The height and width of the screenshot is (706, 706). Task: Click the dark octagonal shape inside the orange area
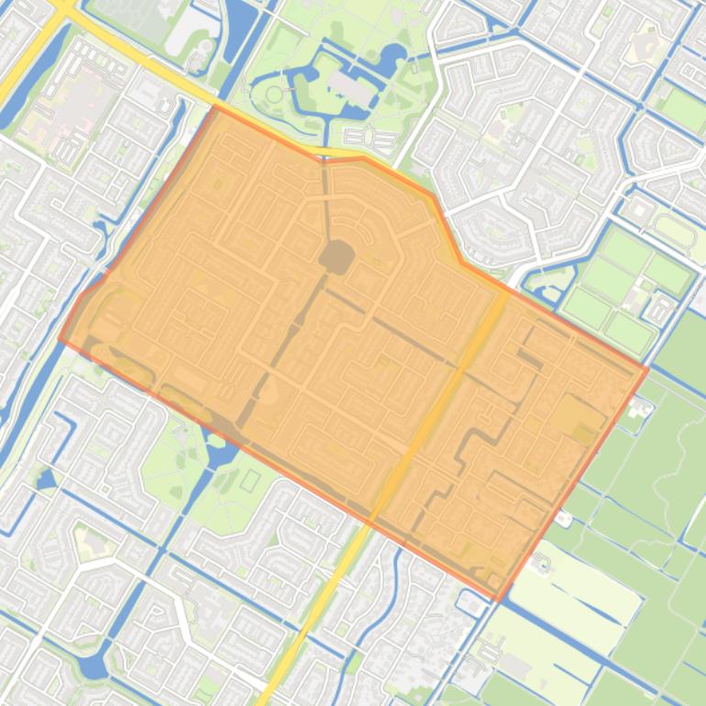pos(336,257)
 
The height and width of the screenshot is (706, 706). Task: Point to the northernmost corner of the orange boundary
pos(215,106)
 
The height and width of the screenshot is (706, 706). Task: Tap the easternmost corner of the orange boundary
pos(647,369)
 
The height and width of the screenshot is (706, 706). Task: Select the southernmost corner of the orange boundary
pos(497,600)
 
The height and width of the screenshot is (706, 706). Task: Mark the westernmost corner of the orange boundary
pos(61,338)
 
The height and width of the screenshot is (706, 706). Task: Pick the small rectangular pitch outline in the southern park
pos(250,480)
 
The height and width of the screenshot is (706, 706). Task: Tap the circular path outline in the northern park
pos(274,94)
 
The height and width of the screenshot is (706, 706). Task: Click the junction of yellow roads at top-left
pos(62,7)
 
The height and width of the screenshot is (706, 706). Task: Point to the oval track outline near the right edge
pos(673,229)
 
